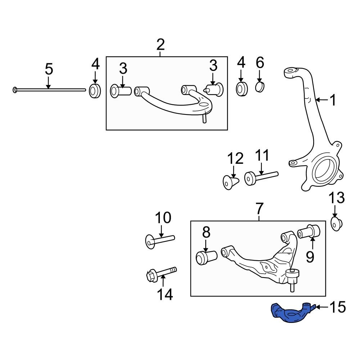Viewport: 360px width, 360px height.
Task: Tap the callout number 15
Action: [337, 307]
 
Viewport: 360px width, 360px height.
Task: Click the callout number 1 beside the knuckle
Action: [333, 100]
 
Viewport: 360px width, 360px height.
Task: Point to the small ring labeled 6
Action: [260, 87]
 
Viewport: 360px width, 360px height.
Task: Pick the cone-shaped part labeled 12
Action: [229, 182]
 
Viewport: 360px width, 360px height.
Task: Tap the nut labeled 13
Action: [336, 224]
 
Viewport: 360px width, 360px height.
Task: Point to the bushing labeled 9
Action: [310, 231]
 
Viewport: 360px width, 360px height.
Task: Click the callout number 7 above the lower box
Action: [260, 209]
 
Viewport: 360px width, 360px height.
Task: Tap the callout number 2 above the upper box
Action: [160, 45]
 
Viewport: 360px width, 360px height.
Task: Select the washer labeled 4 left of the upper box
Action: [95, 91]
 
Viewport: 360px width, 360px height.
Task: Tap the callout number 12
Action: [235, 158]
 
